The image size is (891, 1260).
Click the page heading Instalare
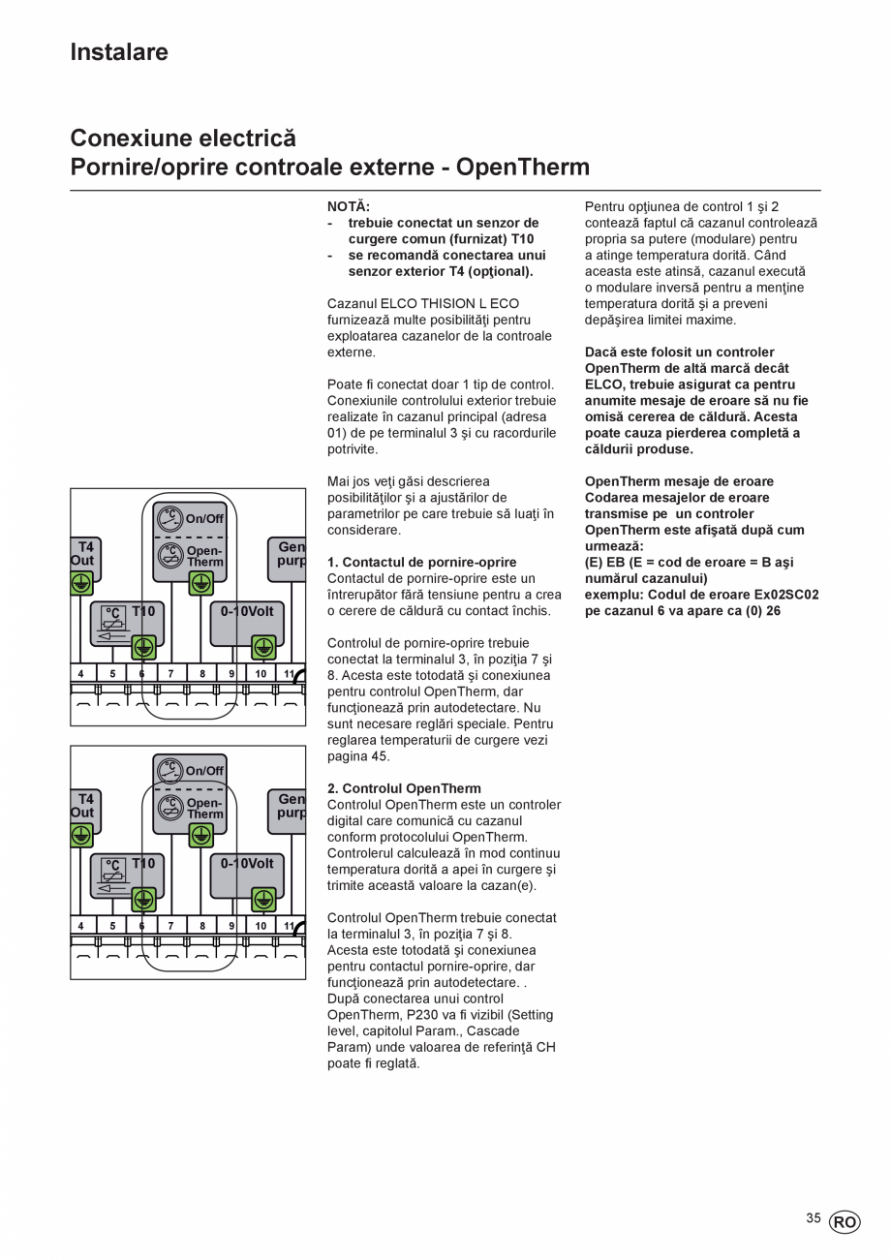(x=119, y=52)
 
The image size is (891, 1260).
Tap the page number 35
(x=814, y=1218)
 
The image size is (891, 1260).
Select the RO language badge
(x=844, y=1222)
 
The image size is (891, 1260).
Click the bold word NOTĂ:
(x=349, y=206)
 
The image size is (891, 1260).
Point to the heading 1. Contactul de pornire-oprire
(x=422, y=562)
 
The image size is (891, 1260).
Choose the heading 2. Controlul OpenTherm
(x=404, y=788)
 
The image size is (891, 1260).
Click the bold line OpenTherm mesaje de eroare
(x=679, y=481)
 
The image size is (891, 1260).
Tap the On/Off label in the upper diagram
(x=204, y=518)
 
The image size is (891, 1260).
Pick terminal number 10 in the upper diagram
(x=261, y=673)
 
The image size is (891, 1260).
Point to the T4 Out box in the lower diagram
(x=84, y=807)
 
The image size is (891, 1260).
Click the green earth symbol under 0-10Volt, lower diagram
(x=263, y=899)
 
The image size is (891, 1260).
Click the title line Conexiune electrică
(x=183, y=138)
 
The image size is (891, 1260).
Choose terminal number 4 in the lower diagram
(x=80, y=926)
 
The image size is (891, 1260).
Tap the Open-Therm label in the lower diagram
(x=204, y=809)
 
